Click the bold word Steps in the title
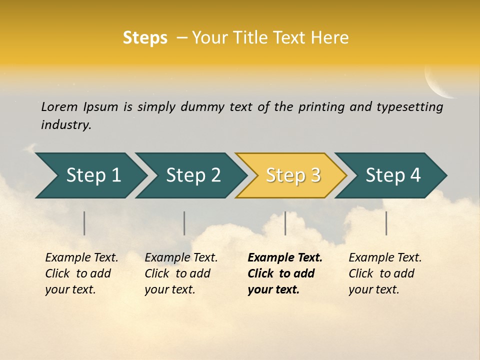click(145, 38)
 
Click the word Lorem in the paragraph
click(59, 106)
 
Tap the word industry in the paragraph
click(66, 124)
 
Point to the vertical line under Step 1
click(84, 223)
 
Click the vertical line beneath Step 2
click(184, 223)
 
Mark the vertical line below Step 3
click(285, 223)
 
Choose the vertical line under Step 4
click(386, 223)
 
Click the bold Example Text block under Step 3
click(285, 273)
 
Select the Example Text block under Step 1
click(81, 273)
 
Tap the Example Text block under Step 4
click(385, 273)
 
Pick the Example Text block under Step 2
click(181, 273)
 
